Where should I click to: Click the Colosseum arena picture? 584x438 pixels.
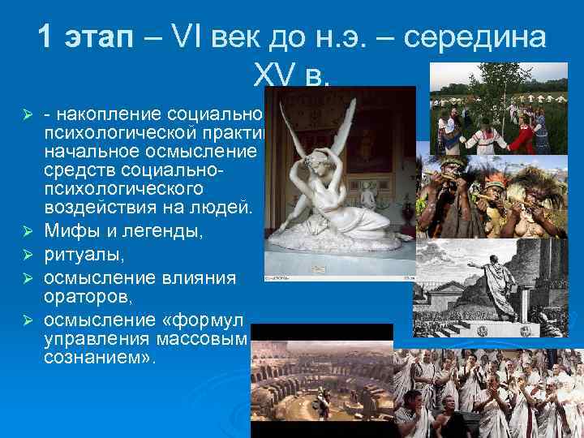[320, 381]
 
